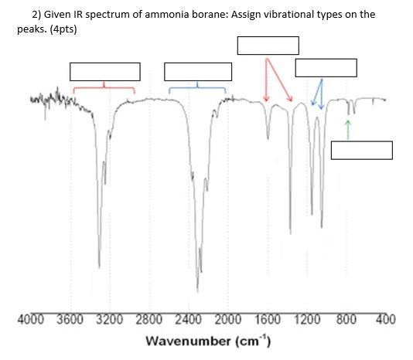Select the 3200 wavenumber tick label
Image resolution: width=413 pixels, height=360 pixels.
[110, 320]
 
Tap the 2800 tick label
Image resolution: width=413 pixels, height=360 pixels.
[149, 320]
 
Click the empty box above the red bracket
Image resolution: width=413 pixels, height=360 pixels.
[104, 72]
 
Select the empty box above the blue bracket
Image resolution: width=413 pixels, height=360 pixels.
[198, 72]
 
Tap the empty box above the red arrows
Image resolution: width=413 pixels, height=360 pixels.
[268, 46]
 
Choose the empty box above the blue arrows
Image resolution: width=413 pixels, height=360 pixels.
[326, 67]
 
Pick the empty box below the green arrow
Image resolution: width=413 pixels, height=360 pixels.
[361, 150]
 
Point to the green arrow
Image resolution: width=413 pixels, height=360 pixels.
[348, 129]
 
